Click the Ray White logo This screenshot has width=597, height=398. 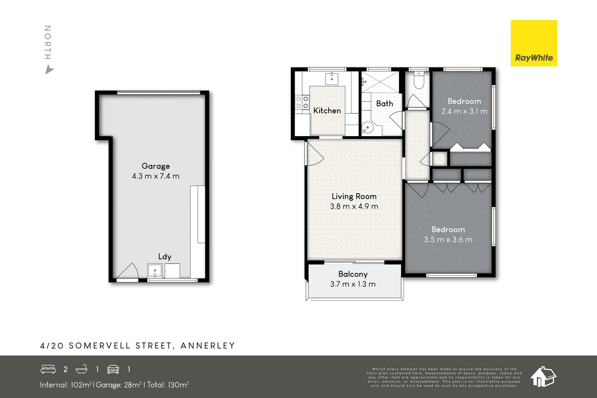click(534, 43)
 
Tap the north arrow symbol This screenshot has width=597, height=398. click(49, 69)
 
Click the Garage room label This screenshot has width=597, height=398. click(156, 166)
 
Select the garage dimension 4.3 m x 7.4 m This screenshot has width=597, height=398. click(156, 176)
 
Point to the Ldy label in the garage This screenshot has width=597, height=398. click(165, 257)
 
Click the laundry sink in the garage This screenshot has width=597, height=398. click(155, 271)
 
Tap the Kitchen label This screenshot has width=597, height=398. click(327, 110)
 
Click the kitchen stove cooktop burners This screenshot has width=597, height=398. click(302, 102)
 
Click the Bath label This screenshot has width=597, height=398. click(385, 103)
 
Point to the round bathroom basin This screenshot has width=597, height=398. click(368, 128)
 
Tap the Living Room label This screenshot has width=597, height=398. click(354, 196)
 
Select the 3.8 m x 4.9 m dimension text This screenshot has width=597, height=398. click(354, 206)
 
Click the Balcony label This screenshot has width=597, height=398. click(353, 274)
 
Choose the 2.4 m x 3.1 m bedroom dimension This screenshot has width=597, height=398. click(464, 111)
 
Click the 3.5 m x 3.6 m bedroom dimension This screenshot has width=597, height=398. click(448, 239)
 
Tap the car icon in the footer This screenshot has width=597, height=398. click(113, 369)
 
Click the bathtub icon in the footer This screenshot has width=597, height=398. click(82, 369)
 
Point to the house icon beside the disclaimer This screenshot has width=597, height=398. click(543, 377)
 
